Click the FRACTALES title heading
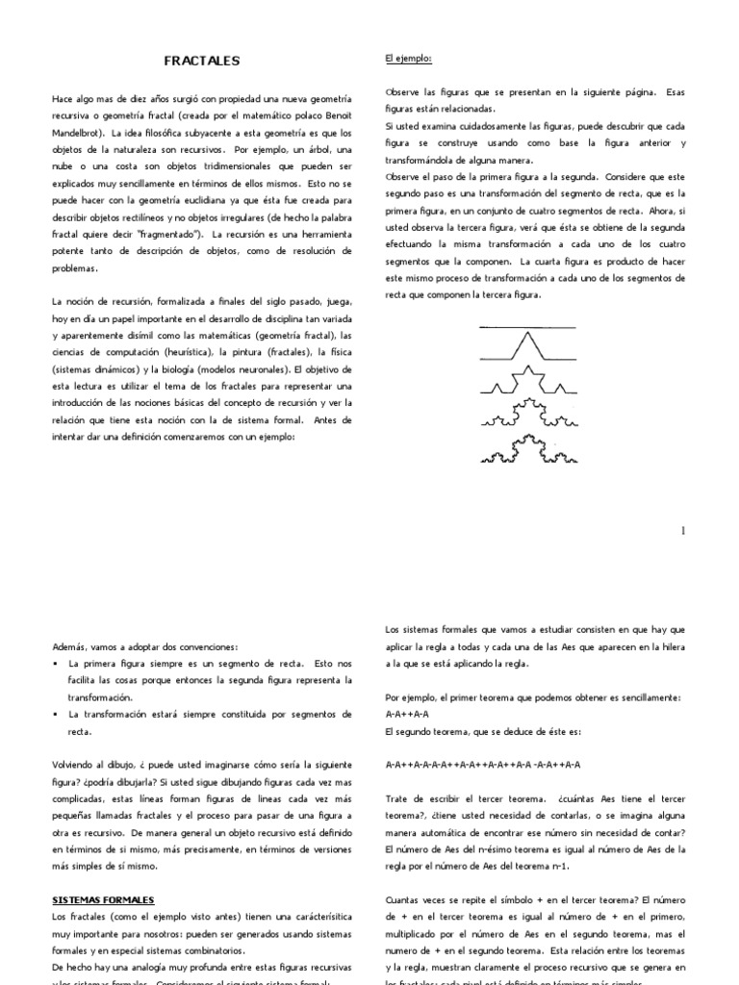(x=202, y=61)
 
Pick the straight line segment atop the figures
(x=526, y=328)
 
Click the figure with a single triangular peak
(x=526, y=346)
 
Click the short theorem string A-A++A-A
(x=406, y=715)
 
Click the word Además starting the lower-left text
(x=69, y=646)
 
